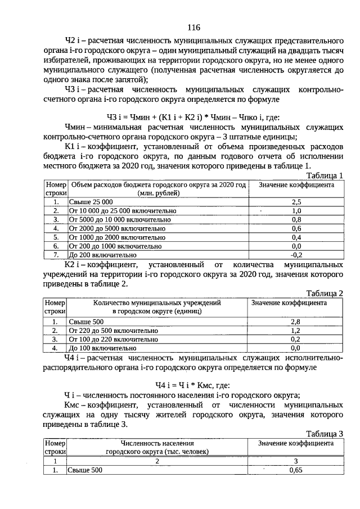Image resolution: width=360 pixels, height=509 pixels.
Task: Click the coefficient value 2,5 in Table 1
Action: (x=296, y=201)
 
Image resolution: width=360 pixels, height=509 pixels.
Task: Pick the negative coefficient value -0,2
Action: (x=296, y=254)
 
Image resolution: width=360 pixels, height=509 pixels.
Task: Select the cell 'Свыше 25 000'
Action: (x=91, y=201)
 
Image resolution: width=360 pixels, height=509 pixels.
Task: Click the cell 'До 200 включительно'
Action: (x=102, y=254)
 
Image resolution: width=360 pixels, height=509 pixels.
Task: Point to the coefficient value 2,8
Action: (x=295, y=322)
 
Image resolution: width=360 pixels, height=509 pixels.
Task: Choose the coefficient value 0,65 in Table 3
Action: (x=295, y=470)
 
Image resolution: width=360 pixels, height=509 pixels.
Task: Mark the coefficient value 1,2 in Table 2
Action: (x=295, y=331)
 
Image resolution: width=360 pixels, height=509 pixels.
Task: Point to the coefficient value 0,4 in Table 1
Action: (x=296, y=237)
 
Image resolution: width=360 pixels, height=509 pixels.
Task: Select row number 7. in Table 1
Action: (x=56, y=254)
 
